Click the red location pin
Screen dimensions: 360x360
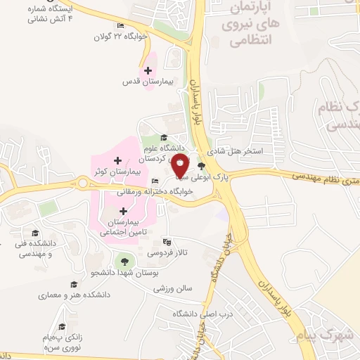(x=181, y=167)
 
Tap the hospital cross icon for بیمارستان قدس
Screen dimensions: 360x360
(x=148, y=70)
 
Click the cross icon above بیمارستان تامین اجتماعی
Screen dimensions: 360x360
(x=124, y=210)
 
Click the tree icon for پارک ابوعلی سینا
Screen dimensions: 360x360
(x=202, y=167)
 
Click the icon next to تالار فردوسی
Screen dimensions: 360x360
(x=166, y=240)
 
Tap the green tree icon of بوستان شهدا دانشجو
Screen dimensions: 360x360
(x=127, y=259)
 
